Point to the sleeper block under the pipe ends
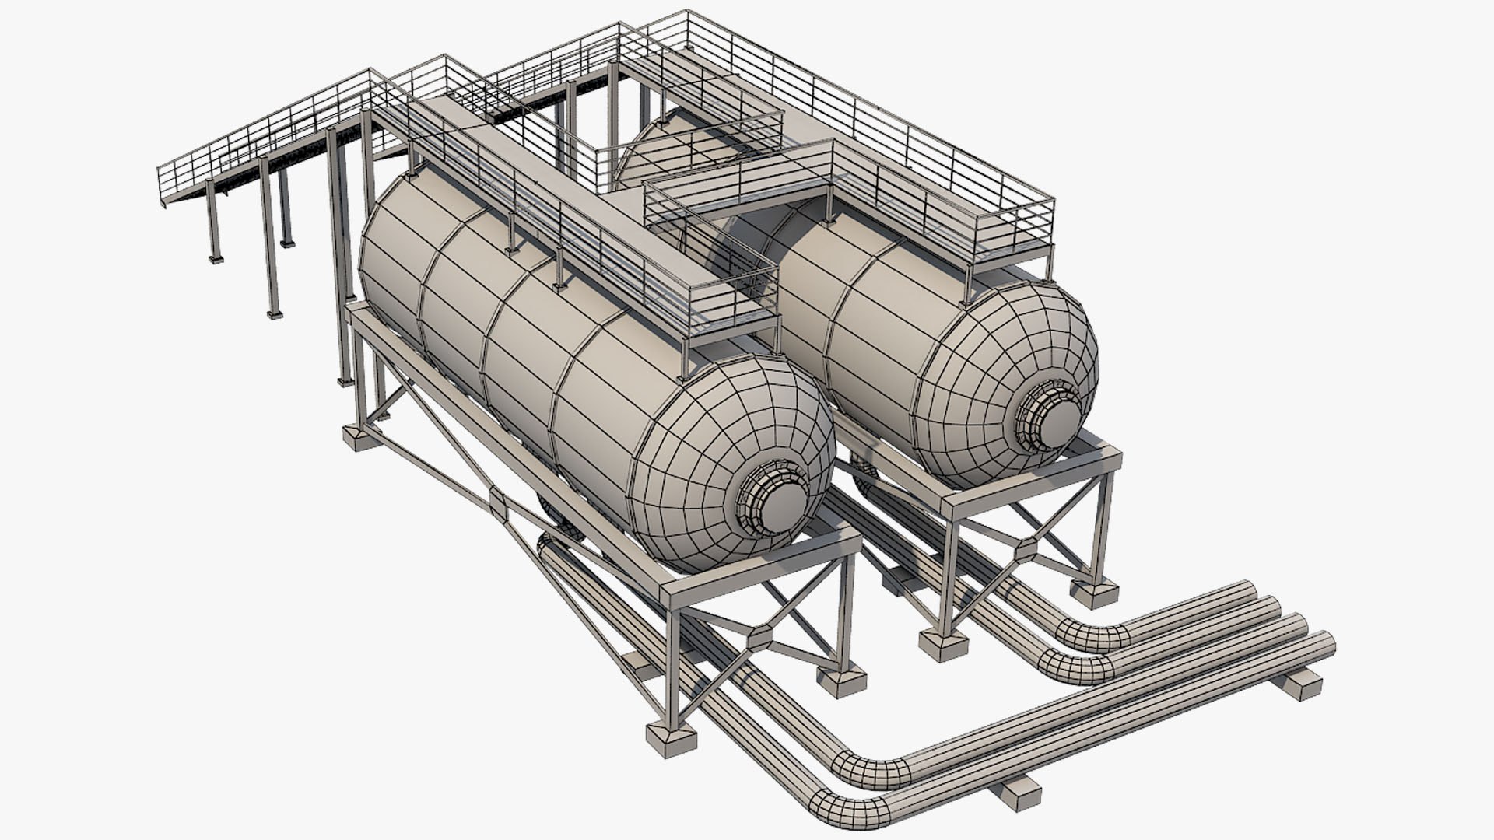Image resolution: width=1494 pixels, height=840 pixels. click(1301, 683)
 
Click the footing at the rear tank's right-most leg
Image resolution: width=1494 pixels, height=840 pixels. click(1095, 594)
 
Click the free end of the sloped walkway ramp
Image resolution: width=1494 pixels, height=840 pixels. click(165, 187)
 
